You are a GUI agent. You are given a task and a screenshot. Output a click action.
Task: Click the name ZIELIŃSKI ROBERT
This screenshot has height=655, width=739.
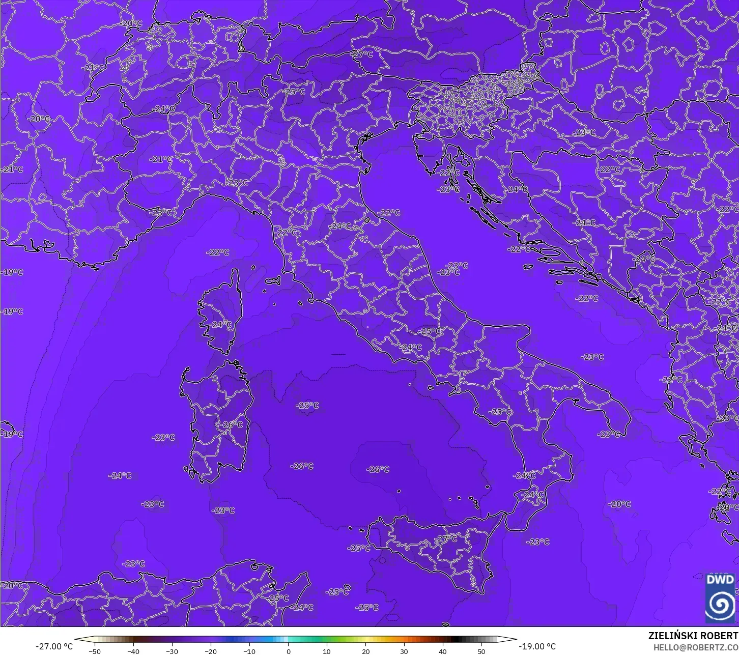tap(693, 636)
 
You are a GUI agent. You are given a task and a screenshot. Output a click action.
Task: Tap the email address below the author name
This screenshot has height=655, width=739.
tap(696, 647)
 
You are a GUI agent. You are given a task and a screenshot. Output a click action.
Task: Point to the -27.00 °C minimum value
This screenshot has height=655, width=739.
tap(54, 646)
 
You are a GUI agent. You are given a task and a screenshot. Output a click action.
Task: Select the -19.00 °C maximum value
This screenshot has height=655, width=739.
tap(537, 646)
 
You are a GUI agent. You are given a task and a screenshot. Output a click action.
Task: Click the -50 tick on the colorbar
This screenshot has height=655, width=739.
tap(95, 651)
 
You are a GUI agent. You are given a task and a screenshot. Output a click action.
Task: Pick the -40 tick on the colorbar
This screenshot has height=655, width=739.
tap(133, 651)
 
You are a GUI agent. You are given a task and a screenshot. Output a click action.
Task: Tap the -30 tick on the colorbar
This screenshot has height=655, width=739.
tap(172, 651)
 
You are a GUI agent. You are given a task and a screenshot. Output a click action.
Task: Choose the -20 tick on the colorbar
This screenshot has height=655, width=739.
tap(211, 651)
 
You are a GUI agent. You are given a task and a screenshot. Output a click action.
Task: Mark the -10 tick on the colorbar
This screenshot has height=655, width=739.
tap(249, 651)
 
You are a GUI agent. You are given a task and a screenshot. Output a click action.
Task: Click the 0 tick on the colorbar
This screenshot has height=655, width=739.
tap(288, 651)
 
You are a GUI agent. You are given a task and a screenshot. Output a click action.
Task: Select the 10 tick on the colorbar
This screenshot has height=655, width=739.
tap(327, 651)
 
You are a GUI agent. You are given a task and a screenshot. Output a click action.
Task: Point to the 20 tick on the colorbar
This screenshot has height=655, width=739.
tap(365, 651)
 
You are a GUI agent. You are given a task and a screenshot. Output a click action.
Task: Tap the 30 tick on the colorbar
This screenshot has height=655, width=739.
tap(404, 651)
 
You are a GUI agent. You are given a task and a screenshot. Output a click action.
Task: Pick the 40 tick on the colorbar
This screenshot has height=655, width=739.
tap(443, 651)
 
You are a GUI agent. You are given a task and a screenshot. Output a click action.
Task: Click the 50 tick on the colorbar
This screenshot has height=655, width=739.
tap(481, 651)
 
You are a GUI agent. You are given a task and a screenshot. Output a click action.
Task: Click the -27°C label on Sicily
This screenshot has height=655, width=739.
tap(446, 538)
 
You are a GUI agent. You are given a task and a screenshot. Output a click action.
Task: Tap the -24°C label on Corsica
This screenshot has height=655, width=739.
tap(221, 325)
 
